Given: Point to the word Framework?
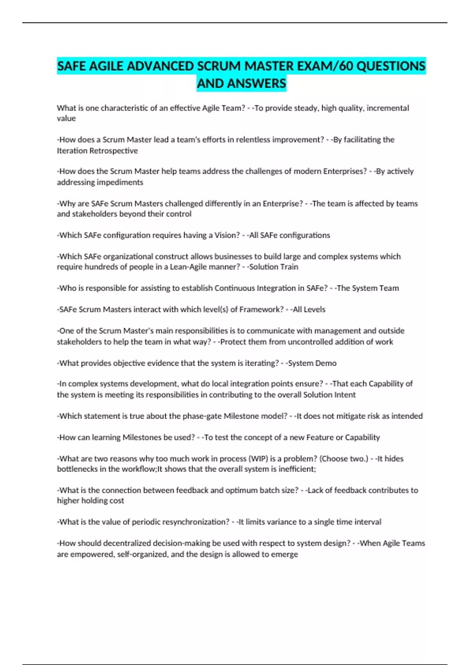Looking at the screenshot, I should [x=262, y=309].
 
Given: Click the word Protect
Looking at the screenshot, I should [x=233, y=342].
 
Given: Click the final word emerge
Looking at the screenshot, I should [x=286, y=554].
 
